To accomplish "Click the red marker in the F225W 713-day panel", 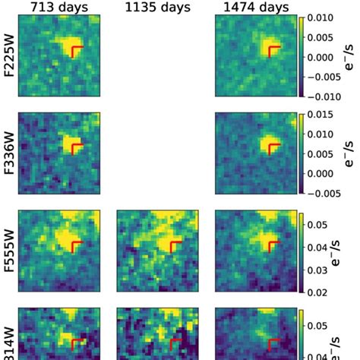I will [74, 50].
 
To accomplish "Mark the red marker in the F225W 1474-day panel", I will [273, 50].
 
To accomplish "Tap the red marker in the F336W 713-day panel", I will [75, 146].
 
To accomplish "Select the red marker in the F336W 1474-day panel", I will [273, 146].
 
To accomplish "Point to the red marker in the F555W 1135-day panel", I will [174, 246].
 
